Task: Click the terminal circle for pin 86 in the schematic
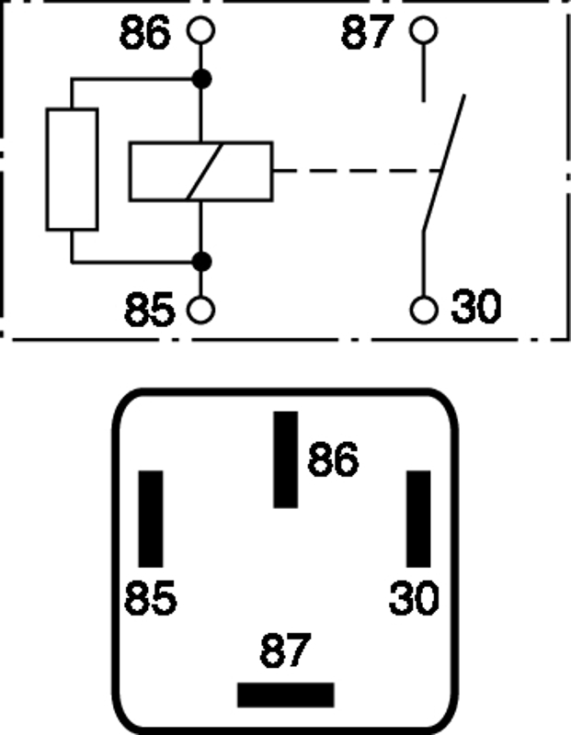click(x=200, y=32)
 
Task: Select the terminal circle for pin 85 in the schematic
click(x=200, y=310)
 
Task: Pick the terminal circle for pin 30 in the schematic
click(x=423, y=310)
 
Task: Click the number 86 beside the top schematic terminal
click(x=145, y=34)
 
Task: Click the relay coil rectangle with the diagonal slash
click(x=200, y=171)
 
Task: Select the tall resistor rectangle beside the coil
click(x=72, y=169)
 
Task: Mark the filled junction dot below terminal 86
click(x=200, y=80)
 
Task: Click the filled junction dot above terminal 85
click(x=200, y=263)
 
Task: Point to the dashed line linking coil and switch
click(x=354, y=171)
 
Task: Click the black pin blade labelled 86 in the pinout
click(x=286, y=459)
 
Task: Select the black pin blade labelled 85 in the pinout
click(x=151, y=519)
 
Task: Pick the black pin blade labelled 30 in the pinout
click(x=419, y=519)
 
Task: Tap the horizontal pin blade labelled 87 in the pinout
click(x=285, y=695)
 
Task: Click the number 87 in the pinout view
click(x=285, y=651)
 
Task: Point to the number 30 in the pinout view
click(x=415, y=599)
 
